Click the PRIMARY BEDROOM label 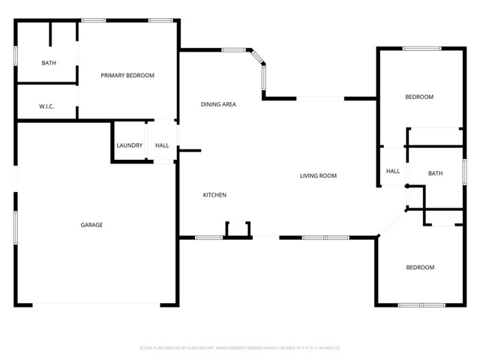click(x=127, y=75)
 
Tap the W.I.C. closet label click(x=46, y=106)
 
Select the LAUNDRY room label click(x=129, y=145)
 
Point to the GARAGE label click(x=91, y=225)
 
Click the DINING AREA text click(x=218, y=104)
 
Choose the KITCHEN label click(x=214, y=196)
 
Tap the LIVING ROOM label click(x=318, y=176)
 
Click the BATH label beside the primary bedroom click(x=49, y=63)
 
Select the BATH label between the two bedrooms click(x=435, y=174)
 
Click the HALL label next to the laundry click(x=162, y=145)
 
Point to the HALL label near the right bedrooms click(x=393, y=171)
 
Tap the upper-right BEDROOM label click(x=419, y=97)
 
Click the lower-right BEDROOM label click(x=420, y=268)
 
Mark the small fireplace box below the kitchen click(x=238, y=229)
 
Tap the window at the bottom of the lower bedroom click(x=421, y=304)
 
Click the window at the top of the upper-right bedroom click(x=421, y=49)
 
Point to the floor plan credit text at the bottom click(x=240, y=348)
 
